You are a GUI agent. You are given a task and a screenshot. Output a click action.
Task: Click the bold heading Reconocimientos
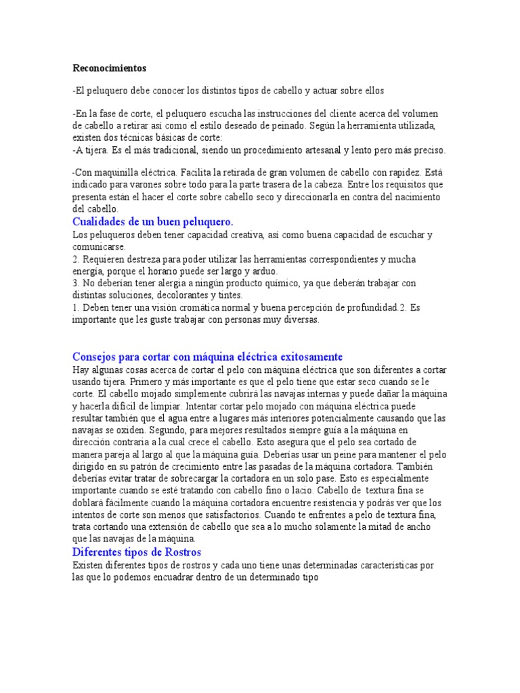109,68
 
